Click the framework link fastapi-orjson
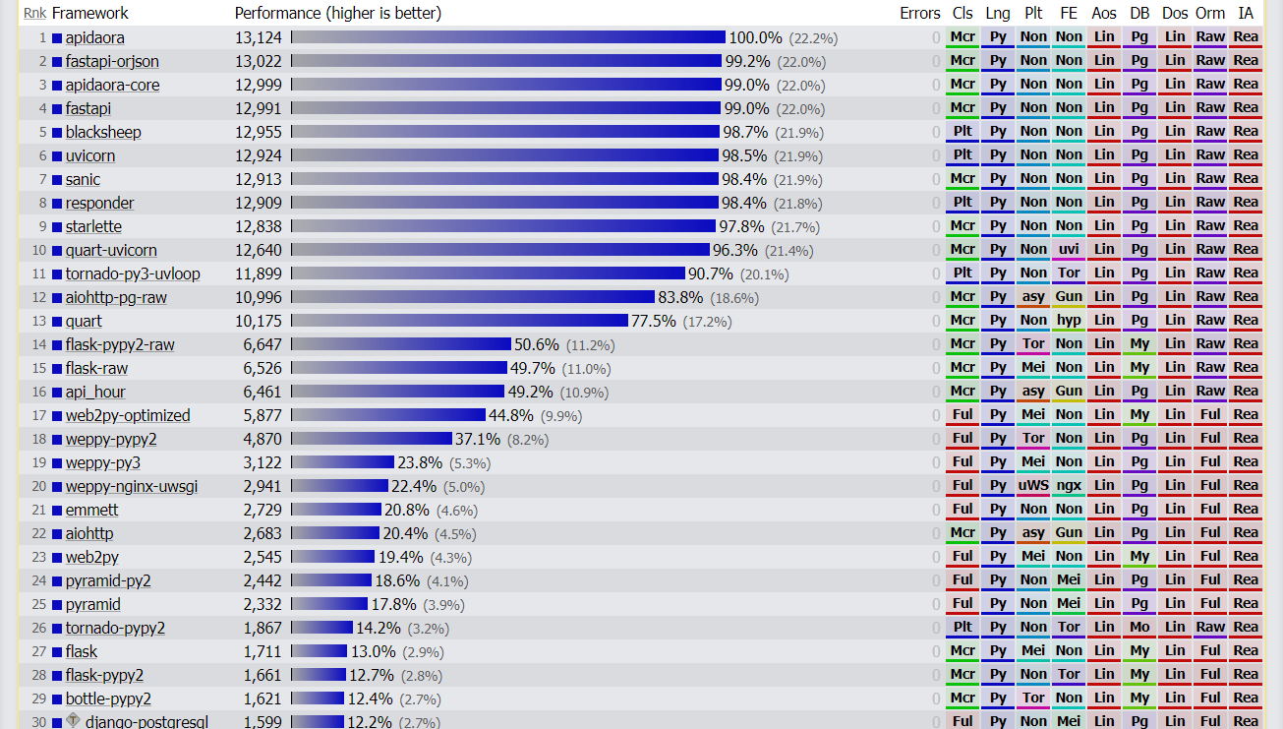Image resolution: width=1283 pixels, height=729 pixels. pos(112,61)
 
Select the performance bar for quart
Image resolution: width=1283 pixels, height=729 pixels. pos(459,321)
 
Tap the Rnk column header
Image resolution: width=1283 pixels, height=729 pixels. pos(34,13)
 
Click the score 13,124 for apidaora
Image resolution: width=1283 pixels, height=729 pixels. pos(259,37)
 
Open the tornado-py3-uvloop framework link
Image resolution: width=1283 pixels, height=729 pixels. pos(133,273)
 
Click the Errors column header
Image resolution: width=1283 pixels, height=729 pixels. pos(919,13)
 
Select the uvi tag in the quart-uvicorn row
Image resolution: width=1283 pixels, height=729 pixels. pos(1069,250)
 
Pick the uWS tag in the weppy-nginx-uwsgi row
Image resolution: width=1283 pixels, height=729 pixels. pos(1033,486)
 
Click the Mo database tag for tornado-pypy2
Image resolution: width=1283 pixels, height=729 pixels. pos(1139,628)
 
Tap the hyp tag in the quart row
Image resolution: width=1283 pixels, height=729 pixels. pos(1069,321)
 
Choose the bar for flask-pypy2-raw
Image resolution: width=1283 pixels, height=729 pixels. pos(401,344)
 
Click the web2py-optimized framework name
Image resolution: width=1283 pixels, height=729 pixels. pos(128,415)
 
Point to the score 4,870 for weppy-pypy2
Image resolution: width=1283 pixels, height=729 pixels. pos(262,439)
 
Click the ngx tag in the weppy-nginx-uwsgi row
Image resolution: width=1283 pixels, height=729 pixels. pos(1069,486)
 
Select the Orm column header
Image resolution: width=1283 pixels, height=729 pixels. pos(1210,13)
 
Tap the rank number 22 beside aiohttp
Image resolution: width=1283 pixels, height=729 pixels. pos(39,533)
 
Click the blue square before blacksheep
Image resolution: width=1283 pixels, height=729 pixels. pos(57,133)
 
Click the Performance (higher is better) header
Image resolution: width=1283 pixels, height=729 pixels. pos(337,13)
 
